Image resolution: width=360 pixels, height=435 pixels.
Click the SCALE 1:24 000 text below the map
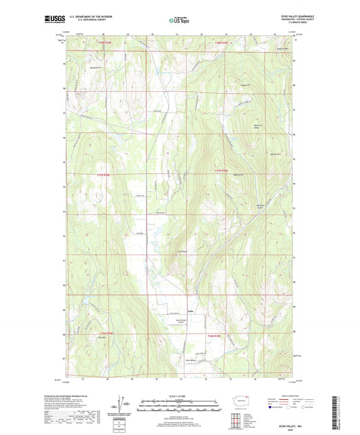coord(180,396)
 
